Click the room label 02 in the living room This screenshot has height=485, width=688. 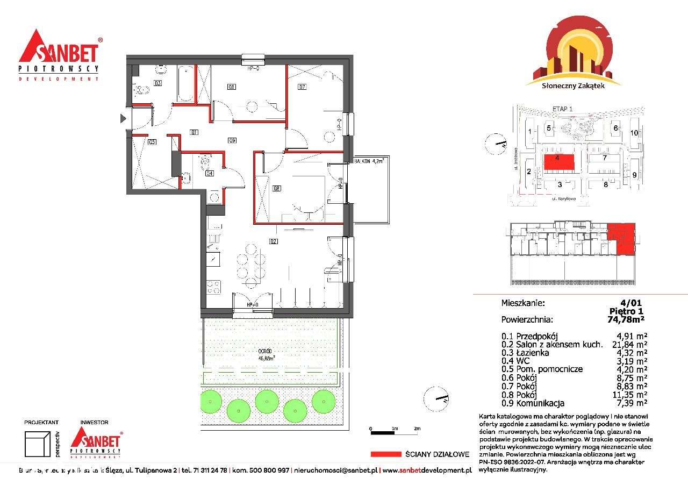(x=274, y=241)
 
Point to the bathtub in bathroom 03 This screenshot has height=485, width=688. (x=184, y=83)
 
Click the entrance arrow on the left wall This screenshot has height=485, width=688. (x=123, y=118)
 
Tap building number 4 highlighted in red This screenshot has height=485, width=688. (x=557, y=159)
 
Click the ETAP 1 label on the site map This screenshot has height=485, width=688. (x=562, y=109)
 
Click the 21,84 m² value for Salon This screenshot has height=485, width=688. (x=630, y=345)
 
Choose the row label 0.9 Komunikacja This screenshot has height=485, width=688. (x=532, y=403)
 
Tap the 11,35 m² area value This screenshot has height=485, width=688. (x=630, y=395)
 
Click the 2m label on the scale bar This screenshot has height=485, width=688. (x=417, y=429)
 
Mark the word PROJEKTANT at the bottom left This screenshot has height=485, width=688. (x=41, y=423)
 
